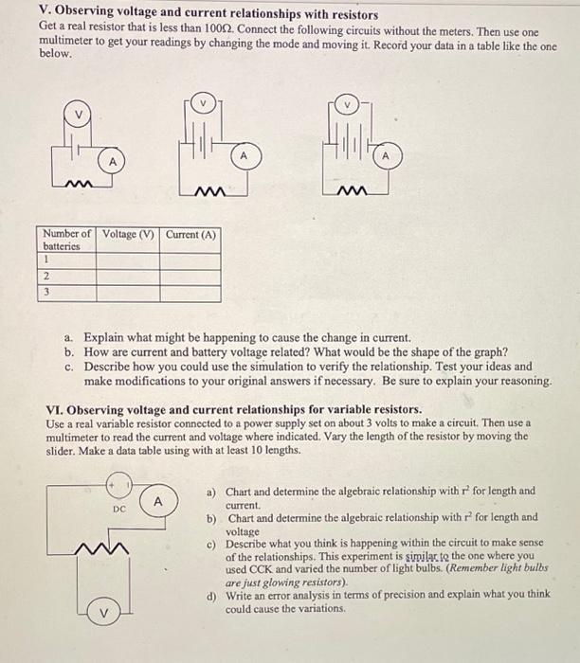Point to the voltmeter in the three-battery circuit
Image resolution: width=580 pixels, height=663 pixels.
pos(347,102)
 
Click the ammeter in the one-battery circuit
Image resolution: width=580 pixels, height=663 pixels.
pos(113,162)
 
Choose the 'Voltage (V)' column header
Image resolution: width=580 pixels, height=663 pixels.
pos(129,234)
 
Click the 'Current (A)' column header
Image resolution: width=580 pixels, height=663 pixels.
pos(190,234)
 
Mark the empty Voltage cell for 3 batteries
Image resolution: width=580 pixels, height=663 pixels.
pos(129,293)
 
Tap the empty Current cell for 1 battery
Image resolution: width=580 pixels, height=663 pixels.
pos(190,260)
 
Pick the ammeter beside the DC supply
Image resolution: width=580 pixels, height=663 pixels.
pos(159,500)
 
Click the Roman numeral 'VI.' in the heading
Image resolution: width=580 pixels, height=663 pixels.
pos(56,409)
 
